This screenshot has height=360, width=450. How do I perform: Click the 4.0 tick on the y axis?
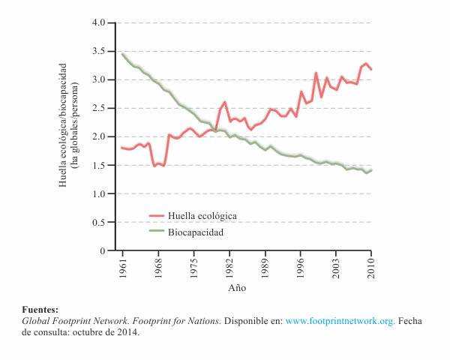pyautogui.click(x=100, y=22)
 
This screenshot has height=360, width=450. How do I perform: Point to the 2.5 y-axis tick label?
pyautogui.click(x=100, y=108)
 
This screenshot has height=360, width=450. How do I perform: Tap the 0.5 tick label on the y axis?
pyautogui.click(x=100, y=222)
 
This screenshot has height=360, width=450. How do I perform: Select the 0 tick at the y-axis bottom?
pyautogui.click(x=103, y=250)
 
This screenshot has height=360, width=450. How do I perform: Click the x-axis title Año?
pyautogui.click(x=237, y=287)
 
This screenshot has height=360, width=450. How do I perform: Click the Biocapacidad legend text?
pyautogui.click(x=197, y=232)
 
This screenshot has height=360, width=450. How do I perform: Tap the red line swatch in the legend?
pyautogui.click(x=157, y=215)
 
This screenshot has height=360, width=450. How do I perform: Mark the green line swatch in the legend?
pyautogui.click(x=157, y=232)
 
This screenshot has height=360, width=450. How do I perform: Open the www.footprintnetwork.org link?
pyautogui.click(x=340, y=320)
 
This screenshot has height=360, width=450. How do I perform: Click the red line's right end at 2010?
pyautogui.click(x=371, y=69)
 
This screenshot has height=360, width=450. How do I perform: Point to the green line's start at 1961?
pyautogui.click(x=122, y=53)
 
